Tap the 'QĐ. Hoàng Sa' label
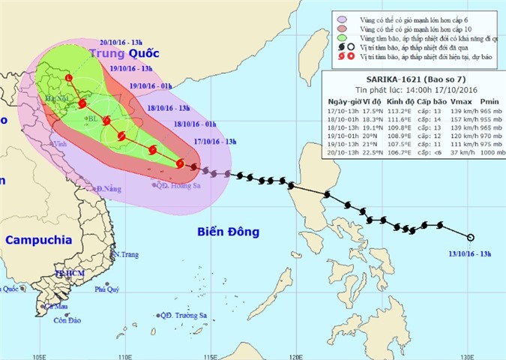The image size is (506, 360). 174,184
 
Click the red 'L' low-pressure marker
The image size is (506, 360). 68,78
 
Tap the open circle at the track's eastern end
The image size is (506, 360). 471,238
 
